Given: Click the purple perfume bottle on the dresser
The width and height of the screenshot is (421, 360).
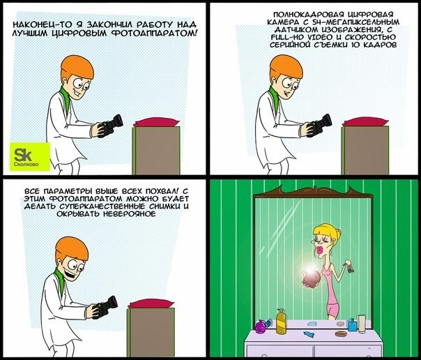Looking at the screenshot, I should tap(263, 325).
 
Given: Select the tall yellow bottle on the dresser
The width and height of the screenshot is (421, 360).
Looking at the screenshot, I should tap(281, 321).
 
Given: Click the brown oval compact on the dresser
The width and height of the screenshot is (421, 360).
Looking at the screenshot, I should tap(340, 333).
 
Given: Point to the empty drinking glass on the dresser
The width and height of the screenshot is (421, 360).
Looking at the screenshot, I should tap(362, 324).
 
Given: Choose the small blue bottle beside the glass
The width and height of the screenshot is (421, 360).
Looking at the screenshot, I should tap(352, 325).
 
